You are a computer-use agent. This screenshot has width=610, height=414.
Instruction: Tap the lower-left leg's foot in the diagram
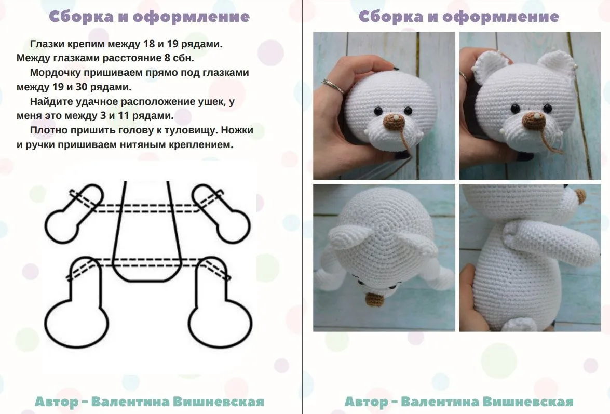click(76, 324)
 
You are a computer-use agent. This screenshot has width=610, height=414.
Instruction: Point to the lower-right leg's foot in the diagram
click(220, 324)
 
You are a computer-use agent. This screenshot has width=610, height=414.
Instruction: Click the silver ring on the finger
click(333, 86)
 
